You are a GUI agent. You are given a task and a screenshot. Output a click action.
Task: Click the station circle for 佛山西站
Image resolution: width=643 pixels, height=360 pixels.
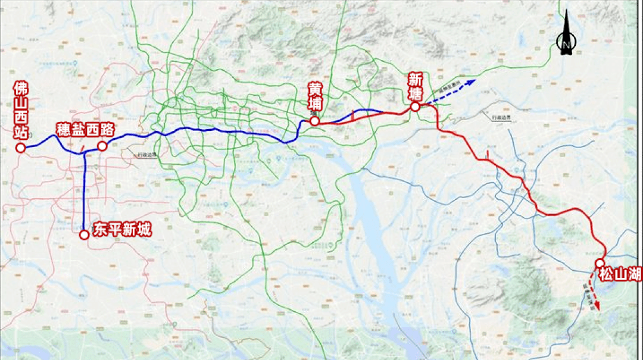point(20,148)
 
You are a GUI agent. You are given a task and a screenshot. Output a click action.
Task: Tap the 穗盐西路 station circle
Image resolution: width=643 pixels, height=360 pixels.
point(102,146)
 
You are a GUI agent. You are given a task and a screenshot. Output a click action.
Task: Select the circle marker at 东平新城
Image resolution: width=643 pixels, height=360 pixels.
point(84,234)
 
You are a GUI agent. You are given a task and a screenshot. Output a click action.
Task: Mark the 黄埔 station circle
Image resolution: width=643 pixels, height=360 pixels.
point(314,121)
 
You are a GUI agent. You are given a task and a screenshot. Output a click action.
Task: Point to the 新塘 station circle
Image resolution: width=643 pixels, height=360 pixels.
point(415,107)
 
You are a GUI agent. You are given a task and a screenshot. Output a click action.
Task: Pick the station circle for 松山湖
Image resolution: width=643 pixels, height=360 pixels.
point(600,263)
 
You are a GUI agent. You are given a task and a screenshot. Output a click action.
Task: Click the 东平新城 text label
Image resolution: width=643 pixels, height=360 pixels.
point(122,230)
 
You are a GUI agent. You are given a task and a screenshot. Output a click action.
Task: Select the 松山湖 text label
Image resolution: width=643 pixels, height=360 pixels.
point(620,274)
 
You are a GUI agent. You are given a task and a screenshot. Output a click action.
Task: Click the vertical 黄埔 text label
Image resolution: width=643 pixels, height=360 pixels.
point(314,97)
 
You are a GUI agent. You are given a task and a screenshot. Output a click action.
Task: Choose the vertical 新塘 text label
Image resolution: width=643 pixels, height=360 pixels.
point(415,86)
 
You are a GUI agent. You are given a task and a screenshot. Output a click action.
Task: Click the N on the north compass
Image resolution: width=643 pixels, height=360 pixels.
point(566,43)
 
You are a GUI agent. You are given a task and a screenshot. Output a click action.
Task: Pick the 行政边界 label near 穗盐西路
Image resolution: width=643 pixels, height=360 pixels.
point(145,155)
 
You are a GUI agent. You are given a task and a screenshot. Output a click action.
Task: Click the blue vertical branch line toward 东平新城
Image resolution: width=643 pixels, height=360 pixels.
point(84,190)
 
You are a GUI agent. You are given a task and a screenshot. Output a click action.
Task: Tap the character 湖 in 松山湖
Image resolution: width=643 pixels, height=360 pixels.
point(634,274)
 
